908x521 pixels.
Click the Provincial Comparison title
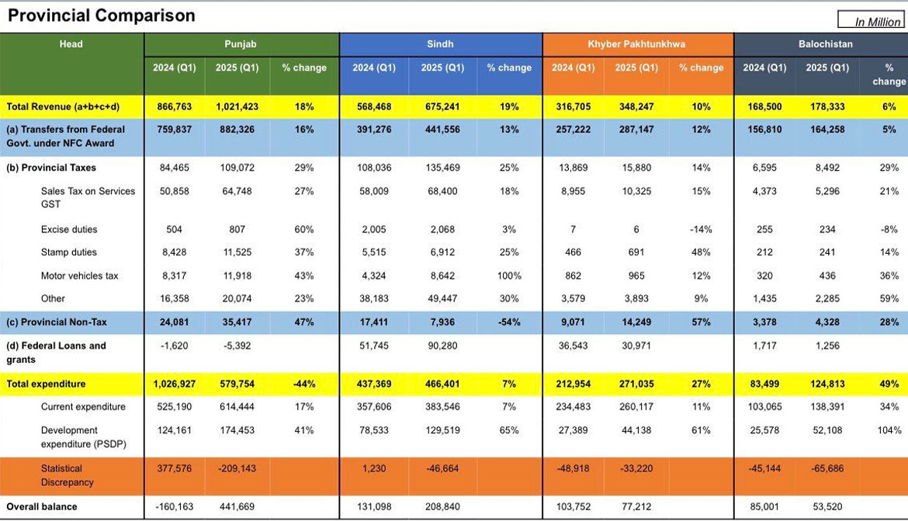tap(102, 16)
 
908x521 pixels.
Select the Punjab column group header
tap(241, 44)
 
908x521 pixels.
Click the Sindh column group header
tap(440, 44)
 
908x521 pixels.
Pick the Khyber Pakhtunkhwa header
tap(636, 44)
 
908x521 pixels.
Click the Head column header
tap(71, 44)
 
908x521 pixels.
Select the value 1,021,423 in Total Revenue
tap(237, 106)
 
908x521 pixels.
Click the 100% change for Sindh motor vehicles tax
tap(509, 276)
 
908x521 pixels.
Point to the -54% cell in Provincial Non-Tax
tap(509, 322)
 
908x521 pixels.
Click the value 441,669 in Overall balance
tap(237, 507)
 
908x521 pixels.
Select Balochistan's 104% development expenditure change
tap(889, 430)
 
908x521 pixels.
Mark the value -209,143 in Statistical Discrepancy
tap(237, 468)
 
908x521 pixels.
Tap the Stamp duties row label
tap(69, 252)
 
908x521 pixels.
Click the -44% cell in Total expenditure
tap(304, 384)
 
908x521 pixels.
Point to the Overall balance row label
tap(42, 507)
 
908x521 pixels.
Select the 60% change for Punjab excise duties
tap(304, 230)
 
